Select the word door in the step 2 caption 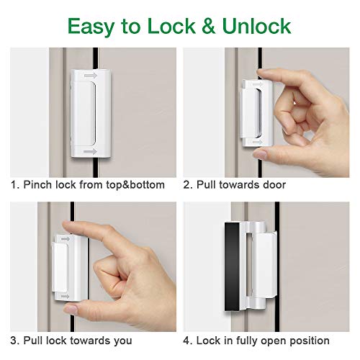tap(273, 185)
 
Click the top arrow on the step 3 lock tap(66, 238)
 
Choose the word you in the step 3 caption tap(148, 340)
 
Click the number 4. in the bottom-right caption tap(188, 340)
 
